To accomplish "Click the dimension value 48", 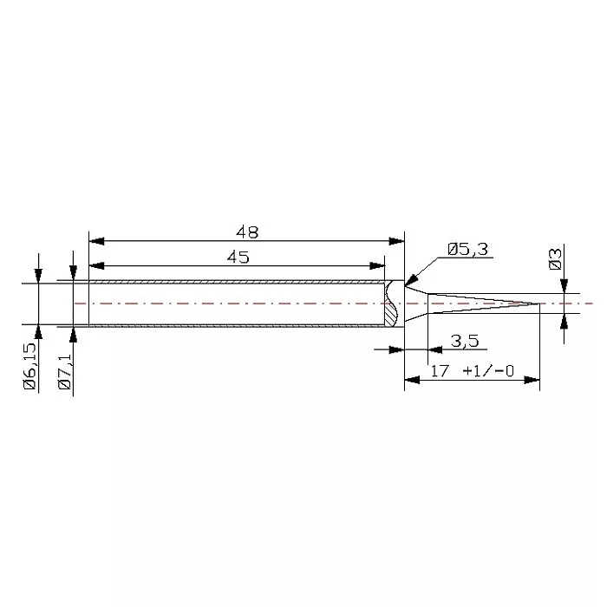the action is coord(247,232).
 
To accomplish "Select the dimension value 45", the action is coord(238,257).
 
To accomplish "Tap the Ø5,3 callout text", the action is coord(467,250).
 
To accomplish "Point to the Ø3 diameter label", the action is coord(556,259).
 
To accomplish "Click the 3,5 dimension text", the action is coord(465,341).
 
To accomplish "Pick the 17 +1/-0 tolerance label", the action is coord(473,371).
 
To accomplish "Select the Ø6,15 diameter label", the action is coord(30,366).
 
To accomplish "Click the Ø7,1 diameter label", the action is coord(65,372).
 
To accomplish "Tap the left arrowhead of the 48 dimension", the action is coord(96,241).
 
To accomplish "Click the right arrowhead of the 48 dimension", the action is coord(396,241).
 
